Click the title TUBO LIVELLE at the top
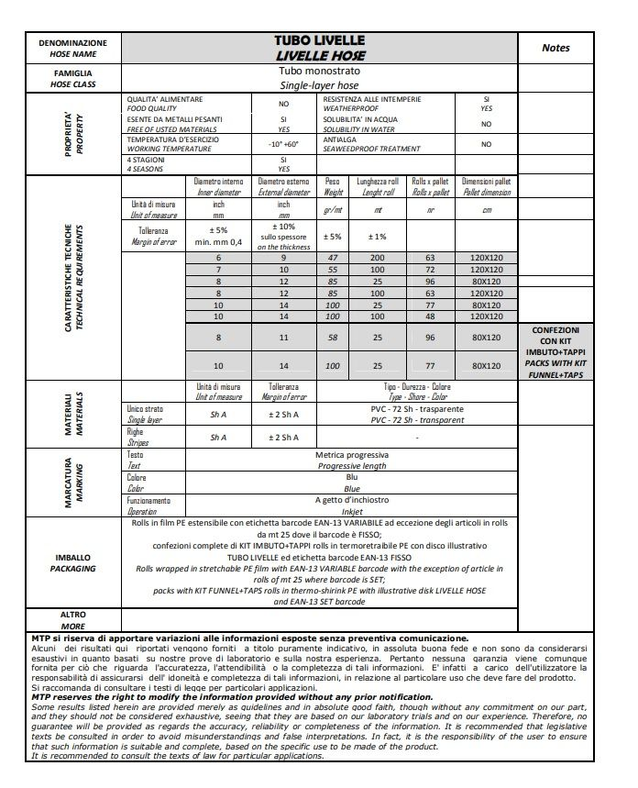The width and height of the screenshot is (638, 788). (x=319, y=40)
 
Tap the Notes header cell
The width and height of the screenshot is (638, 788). (x=555, y=48)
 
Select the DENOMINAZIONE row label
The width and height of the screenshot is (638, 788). (x=73, y=43)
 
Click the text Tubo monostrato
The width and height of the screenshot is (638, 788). (x=319, y=71)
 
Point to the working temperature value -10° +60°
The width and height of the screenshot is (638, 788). (x=283, y=144)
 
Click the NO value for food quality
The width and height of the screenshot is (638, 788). (x=283, y=104)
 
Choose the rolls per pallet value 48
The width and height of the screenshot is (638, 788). (x=429, y=316)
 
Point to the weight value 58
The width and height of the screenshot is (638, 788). (x=333, y=339)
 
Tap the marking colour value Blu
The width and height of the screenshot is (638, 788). (x=351, y=477)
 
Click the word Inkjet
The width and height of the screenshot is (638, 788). (x=351, y=511)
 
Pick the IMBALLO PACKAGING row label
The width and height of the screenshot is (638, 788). (x=73, y=562)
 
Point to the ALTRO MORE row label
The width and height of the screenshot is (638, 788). (x=73, y=619)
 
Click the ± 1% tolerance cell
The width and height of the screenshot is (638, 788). (x=377, y=236)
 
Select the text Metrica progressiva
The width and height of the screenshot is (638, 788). (x=351, y=455)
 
